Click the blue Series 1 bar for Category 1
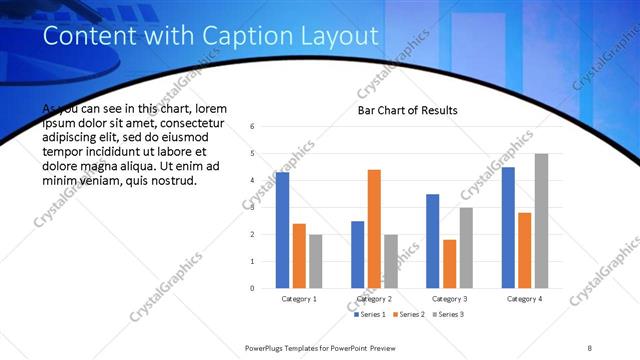point(282,230)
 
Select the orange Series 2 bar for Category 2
point(374,229)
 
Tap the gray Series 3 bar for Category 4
point(541,221)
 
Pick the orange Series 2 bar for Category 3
point(449,264)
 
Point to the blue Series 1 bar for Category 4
point(508,228)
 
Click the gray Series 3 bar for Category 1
point(315,261)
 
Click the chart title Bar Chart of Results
point(408,110)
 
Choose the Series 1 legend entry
point(371,314)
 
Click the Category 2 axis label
point(375,299)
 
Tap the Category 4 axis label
point(525,299)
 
